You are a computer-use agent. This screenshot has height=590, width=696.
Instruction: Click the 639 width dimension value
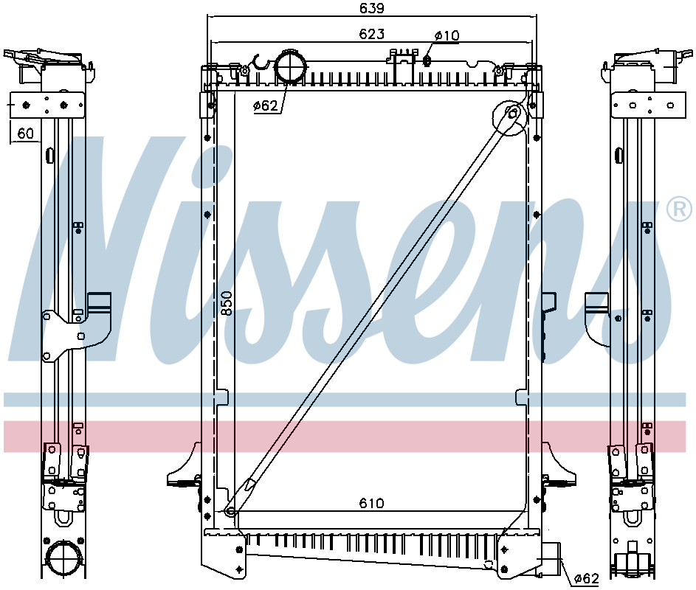point(371,9)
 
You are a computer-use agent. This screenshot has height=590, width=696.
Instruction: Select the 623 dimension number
point(371,34)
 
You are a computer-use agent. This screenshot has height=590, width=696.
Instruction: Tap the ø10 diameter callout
point(447,35)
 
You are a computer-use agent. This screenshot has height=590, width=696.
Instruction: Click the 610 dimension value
point(371,503)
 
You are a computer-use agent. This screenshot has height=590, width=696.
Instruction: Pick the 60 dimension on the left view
point(26,133)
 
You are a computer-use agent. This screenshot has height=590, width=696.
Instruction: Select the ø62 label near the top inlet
point(265,106)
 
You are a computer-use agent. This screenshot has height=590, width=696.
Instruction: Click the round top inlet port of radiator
point(289,67)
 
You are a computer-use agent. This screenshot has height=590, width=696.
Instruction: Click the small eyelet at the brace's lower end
point(230,510)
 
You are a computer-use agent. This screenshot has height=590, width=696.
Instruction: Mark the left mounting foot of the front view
point(183,468)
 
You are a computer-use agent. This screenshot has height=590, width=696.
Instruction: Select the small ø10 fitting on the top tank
point(427,58)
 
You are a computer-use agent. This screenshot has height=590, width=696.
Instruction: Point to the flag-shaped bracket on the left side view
point(98,303)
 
